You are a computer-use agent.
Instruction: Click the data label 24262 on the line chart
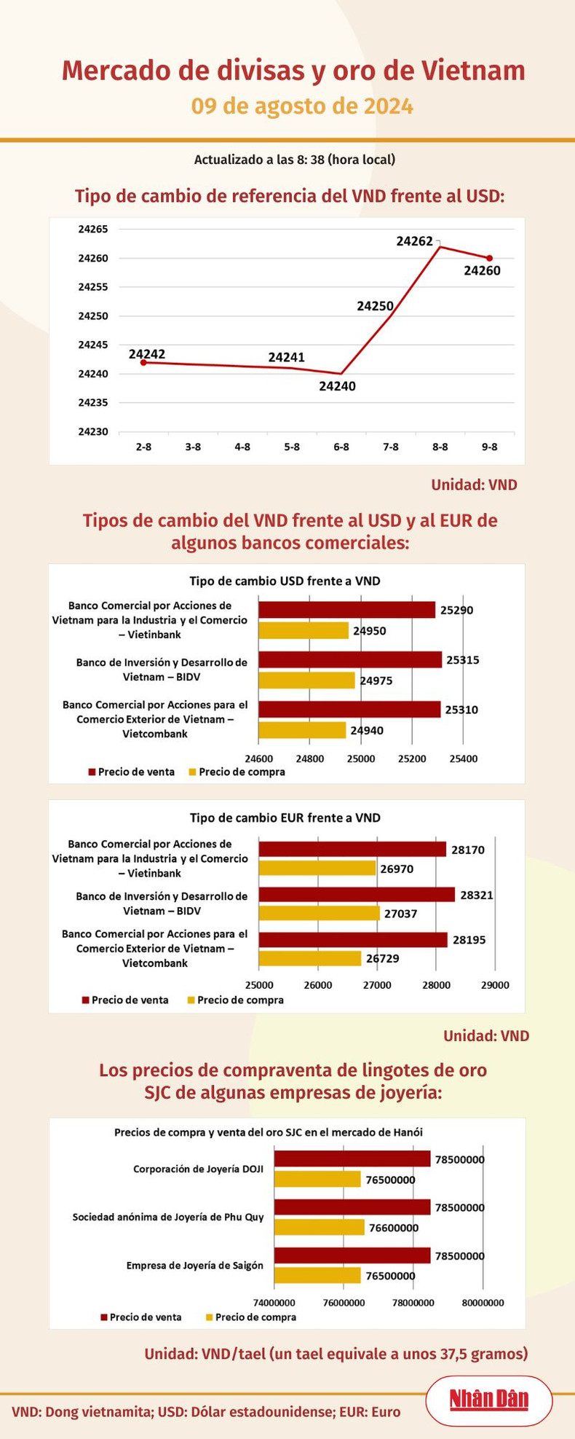point(415,240)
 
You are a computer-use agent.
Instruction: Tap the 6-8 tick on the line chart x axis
point(341,447)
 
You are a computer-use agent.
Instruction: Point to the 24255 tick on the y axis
point(92,287)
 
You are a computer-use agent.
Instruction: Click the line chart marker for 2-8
point(143,362)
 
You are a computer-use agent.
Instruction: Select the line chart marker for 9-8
point(490,258)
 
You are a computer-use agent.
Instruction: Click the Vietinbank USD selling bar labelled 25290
point(346,610)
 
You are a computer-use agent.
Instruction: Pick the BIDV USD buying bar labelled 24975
point(306,681)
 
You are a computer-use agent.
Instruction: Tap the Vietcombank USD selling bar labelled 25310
point(349,709)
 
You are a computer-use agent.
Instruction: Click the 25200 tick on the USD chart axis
point(412,758)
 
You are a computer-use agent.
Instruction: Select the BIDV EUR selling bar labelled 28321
point(357,895)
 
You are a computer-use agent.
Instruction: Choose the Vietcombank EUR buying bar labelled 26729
point(310,958)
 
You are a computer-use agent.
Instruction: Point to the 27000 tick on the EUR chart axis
point(377,985)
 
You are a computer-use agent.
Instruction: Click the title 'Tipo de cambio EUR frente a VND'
point(285,817)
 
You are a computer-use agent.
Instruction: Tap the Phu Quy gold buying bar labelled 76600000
point(319,1228)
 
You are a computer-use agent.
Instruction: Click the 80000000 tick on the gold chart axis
point(483,1303)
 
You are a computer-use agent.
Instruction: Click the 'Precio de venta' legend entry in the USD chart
point(132,772)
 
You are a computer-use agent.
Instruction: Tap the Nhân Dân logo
point(488,1400)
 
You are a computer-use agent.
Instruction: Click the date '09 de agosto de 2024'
point(302,106)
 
